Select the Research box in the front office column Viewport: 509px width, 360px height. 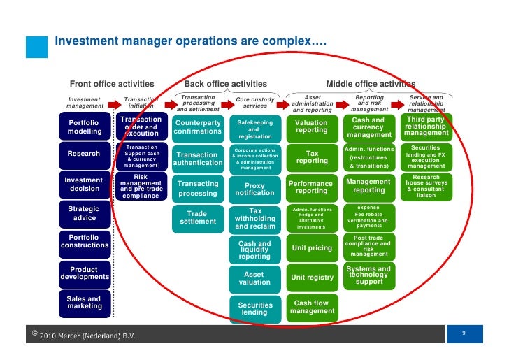click(x=84, y=154)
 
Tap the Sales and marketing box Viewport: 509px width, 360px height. click(x=84, y=303)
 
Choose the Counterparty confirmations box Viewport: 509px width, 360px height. click(x=197, y=127)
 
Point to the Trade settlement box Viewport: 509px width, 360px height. click(x=197, y=217)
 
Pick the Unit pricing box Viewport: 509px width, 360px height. click(x=311, y=248)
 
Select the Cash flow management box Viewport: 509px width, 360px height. click(x=312, y=307)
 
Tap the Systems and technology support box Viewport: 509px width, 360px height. click(x=368, y=275)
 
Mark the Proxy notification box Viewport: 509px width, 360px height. click(x=254, y=189)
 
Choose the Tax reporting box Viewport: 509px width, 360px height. click(x=311, y=157)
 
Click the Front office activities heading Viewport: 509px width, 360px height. click(x=112, y=85)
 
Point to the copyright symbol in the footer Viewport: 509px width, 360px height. click(x=34, y=333)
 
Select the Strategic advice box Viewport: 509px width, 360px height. click(x=84, y=213)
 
